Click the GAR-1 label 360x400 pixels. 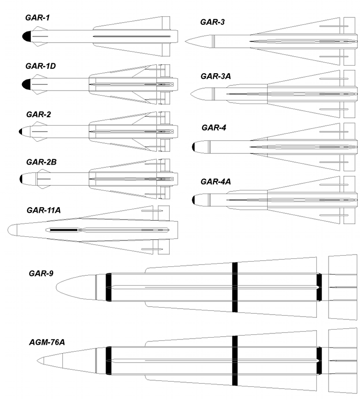coord(38,18)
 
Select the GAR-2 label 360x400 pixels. coord(38,114)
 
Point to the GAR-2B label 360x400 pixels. coord(41,162)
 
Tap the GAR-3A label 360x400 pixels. coord(214,75)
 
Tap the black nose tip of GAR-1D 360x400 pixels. coord(26,84)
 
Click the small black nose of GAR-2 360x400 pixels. coord(21,132)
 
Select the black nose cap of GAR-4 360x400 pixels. coord(195,147)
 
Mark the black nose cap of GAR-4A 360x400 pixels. coord(195,200)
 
